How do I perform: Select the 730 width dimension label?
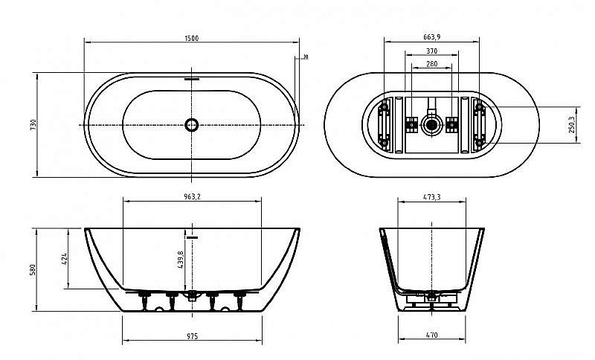click(33, 125)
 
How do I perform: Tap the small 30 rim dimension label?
click(306, 57)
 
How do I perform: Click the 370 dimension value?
click(431, 51)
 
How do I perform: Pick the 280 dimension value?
click(431, 64)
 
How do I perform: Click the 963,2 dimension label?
click(192, 197)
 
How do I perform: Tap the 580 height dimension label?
click(33, 269)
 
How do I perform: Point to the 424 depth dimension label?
click(65, 258)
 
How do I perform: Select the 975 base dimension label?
click(192, 336)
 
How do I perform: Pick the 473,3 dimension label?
click(432, 197)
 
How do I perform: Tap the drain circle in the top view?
click(192, 125)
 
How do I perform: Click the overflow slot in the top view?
click(192, 77)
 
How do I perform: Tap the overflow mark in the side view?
click(193, 237)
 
